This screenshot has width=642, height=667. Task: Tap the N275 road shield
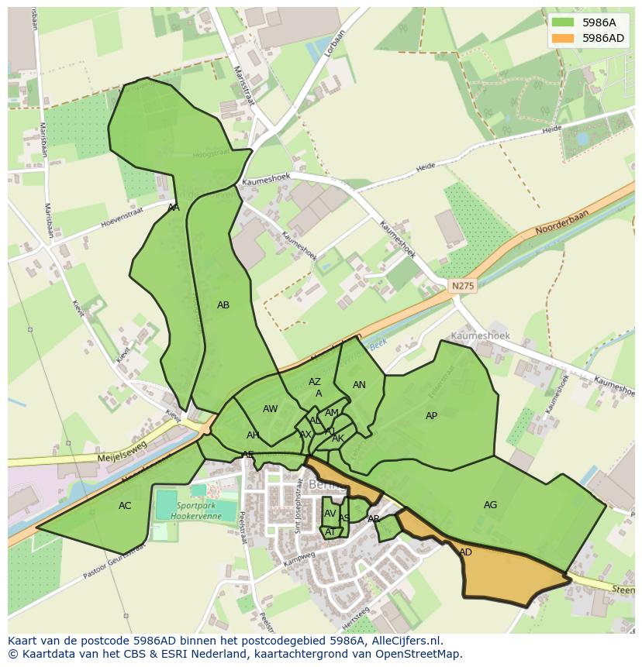pos(462,286)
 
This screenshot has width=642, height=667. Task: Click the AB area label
pos(223,305)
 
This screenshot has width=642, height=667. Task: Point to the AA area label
pos(174,208)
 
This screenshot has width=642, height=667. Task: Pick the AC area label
pos(125,506)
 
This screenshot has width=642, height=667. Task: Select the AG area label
pos(490,505)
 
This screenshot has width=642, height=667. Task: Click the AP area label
pos(431,416)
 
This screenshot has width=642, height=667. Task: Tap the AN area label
pos(359,385)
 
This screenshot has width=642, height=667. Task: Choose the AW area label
pos(270,409)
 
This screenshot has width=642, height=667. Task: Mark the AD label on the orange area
pos(465,552)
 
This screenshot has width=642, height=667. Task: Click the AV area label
pos(330,514)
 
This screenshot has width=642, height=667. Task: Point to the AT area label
pos(330,531)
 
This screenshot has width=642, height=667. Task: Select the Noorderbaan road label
pos(561,223)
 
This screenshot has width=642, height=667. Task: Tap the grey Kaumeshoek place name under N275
pos(480,336)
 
